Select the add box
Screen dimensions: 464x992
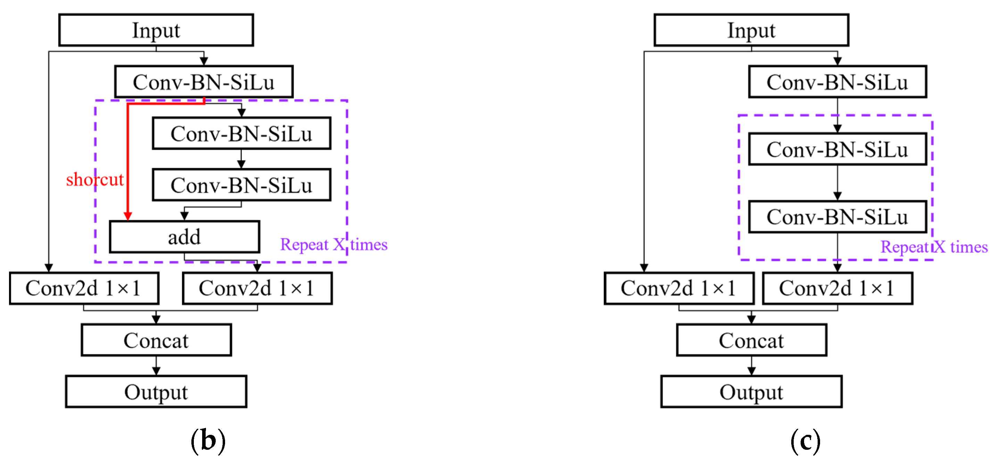click(184, 237)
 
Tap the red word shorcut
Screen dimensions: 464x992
click(94, 180)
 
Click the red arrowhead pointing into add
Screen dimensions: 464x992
click(128, 216)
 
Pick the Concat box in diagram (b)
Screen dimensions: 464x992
click(156, 340)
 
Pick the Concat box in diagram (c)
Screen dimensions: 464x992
click(751, 340)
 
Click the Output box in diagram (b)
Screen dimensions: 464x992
click(156, 392)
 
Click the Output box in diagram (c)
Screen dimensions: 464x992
click(751, 392)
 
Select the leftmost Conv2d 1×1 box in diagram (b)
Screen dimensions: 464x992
click(84, 288)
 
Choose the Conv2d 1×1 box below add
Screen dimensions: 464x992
click(257, 288)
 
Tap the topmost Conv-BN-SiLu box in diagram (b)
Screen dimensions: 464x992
click(203, 82)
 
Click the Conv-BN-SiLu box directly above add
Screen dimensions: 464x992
click(241, 185)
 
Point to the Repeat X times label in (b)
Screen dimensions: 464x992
click(333, 245)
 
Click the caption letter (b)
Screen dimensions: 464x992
click(208, 440)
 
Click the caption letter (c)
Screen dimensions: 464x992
click(805, 440)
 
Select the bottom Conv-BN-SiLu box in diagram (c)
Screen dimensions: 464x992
click(837, 217)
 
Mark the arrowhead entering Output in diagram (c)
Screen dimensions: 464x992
click(751, 371)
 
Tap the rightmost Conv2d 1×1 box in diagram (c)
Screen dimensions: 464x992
click(837, 288)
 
